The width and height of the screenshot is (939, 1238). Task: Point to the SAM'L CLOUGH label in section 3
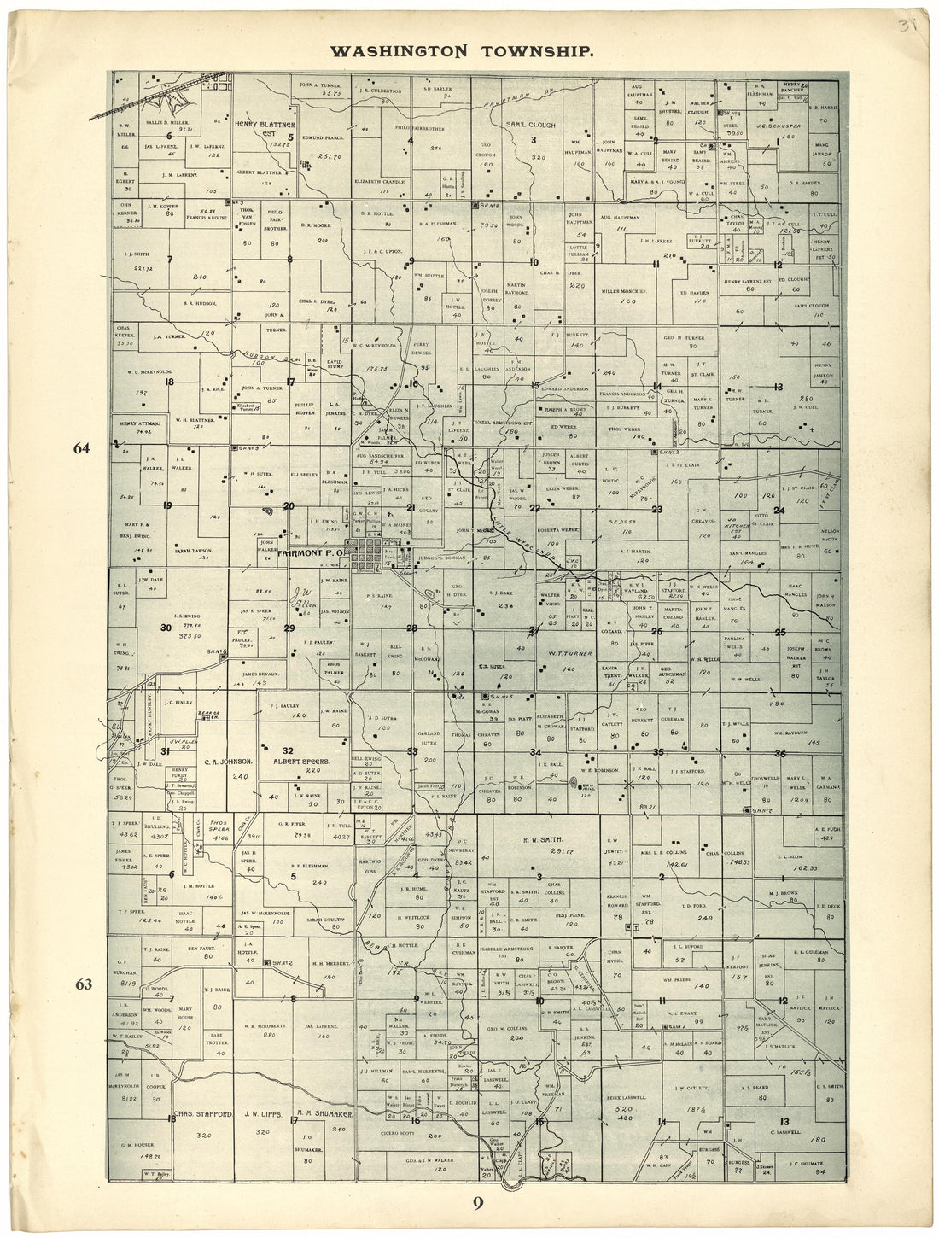pyautogui.click(x=530, y=125)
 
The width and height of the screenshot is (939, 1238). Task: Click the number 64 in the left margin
pyautogui.click(x=82, y=449)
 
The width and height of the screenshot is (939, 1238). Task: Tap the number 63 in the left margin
pyautogui.click(x=83, y=984)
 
